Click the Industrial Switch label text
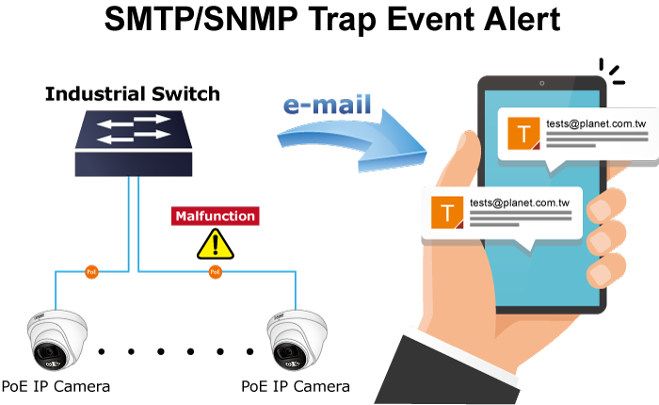(133, 93)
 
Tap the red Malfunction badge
(215, 216)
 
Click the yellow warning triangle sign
(215, 244)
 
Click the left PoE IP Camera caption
(56, 386)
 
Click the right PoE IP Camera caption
(296, 386)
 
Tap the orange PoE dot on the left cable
(91, 272)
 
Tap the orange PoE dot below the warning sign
(215, 272)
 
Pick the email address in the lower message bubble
(520, 201)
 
